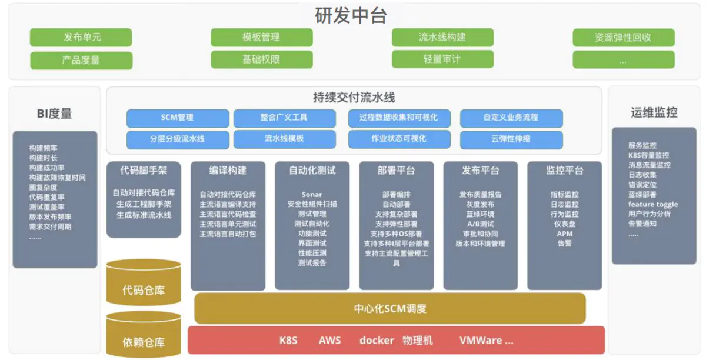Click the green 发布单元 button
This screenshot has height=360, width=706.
[81, 37]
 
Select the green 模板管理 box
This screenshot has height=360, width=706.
[262, 37]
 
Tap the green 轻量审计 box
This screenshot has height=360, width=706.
[442, 59]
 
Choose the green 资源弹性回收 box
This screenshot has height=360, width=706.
[624, 38]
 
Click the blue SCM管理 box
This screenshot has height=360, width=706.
[178, 118]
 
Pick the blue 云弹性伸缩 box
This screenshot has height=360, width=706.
[511, 139]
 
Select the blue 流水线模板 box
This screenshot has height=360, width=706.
[284, 139]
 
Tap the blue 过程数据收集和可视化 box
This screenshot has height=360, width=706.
[399, 118]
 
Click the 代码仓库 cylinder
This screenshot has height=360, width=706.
[144, 283]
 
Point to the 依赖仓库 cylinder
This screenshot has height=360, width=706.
[144, 335]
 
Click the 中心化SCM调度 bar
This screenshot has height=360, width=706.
[390, 308]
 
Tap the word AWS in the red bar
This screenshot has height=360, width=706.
[329, 341]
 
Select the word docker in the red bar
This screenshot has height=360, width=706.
[377, 341]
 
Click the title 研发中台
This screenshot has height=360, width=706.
[351, 15]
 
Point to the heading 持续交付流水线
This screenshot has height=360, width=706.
[354, 98]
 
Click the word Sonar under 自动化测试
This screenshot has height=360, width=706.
[312, 195]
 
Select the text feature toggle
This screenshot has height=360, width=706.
[653, 204]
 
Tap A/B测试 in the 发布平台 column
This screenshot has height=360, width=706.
[481, 224]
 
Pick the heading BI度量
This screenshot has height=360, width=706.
[55, 114]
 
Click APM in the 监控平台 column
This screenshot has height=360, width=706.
[564, 234]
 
